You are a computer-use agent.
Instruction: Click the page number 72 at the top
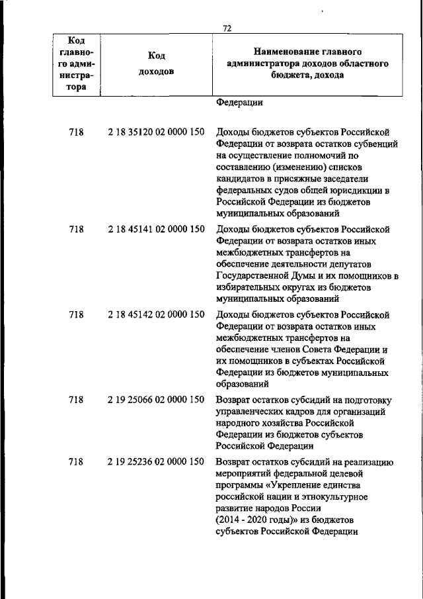227,28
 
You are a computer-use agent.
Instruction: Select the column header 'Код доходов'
157,64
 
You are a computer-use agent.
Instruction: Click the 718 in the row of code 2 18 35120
76,132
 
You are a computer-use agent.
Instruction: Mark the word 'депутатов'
360,264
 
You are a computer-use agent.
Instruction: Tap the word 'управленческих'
248,411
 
